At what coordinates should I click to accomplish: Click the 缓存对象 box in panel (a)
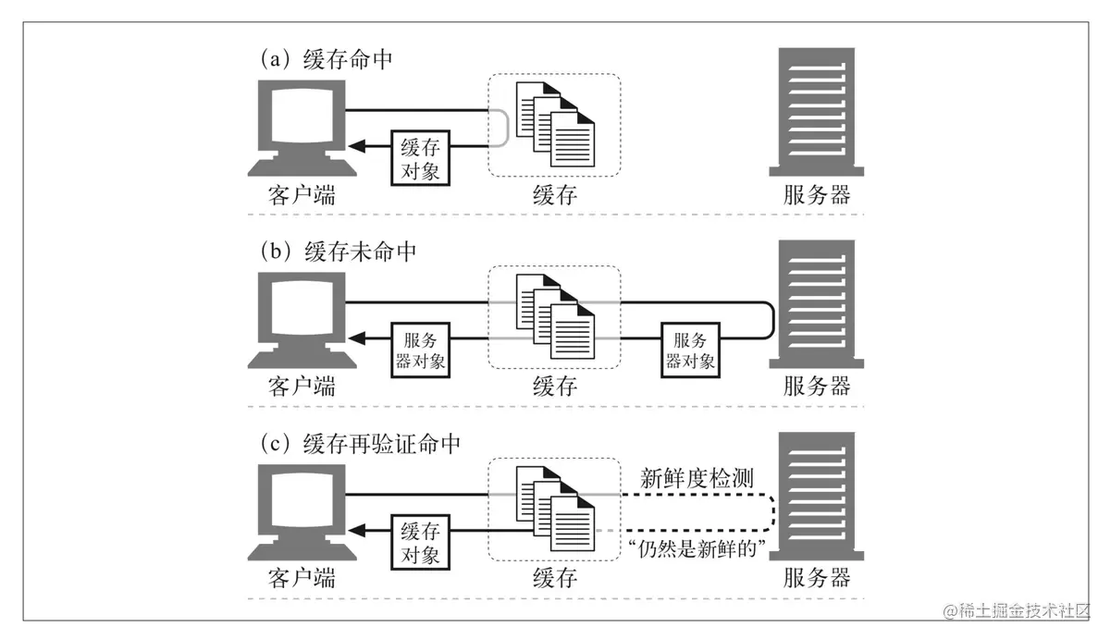[422, 158]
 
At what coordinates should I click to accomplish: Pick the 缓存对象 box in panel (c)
[422, 544]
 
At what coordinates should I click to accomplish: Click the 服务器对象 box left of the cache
[421, 351]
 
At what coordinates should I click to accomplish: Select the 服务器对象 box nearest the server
[691, 351]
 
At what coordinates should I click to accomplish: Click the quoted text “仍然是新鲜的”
[694, 548]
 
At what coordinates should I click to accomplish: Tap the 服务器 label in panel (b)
[817, 386]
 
